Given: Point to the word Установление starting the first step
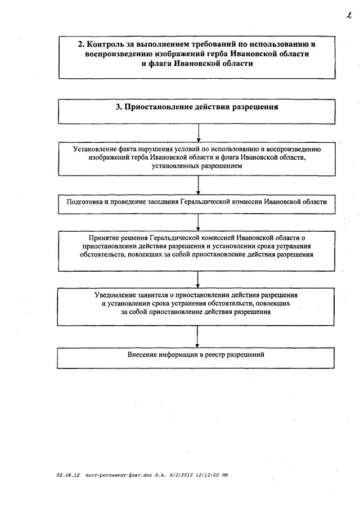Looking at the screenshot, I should [x=96, y=149].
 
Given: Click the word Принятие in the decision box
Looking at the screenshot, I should [x=103, y=237].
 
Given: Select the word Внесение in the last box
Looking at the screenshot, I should [x=143, y=355].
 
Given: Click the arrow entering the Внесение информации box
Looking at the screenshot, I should [x=197, y=337].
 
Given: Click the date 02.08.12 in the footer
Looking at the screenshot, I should [x=67, y=475].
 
